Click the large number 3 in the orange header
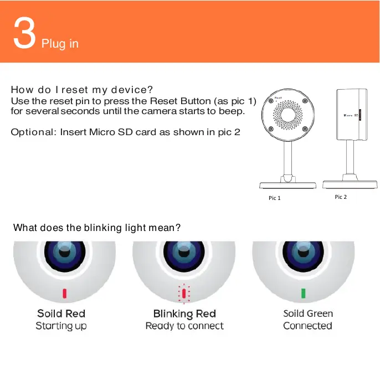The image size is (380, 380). tap(24, 33)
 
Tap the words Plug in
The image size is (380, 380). tap(60, 44)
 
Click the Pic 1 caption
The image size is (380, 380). tap(275, 198)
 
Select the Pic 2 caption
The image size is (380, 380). tap(341, 197)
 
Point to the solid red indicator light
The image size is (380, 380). tap(64, 293)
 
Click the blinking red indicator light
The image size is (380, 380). tap(184, 294)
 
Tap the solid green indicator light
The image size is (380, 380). tap(303, 293)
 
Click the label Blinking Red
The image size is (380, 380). tap(184, 314)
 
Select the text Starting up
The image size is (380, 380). tap(61, 326)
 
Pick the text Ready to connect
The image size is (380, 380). tap(184, 326)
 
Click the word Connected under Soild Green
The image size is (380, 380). tap(307, 326)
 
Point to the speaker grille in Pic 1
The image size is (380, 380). tap(288, 115)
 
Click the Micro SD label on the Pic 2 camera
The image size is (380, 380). tap(351, 115)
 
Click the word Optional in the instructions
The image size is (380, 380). tap(33, 132)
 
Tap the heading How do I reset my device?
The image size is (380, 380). tap(82, 90)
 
